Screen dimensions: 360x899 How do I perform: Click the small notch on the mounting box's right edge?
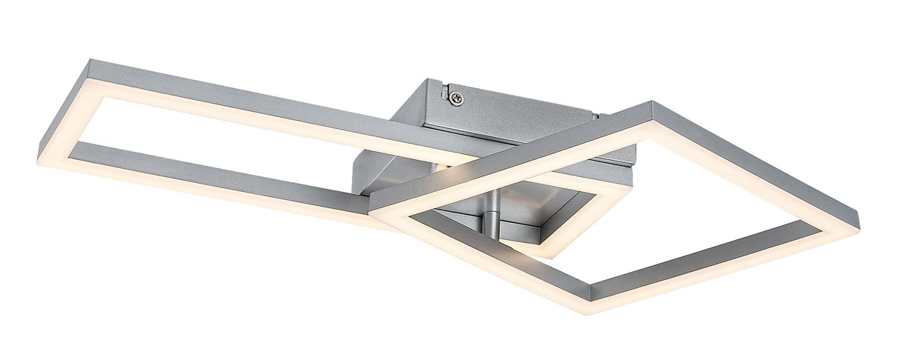[598, 116]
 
